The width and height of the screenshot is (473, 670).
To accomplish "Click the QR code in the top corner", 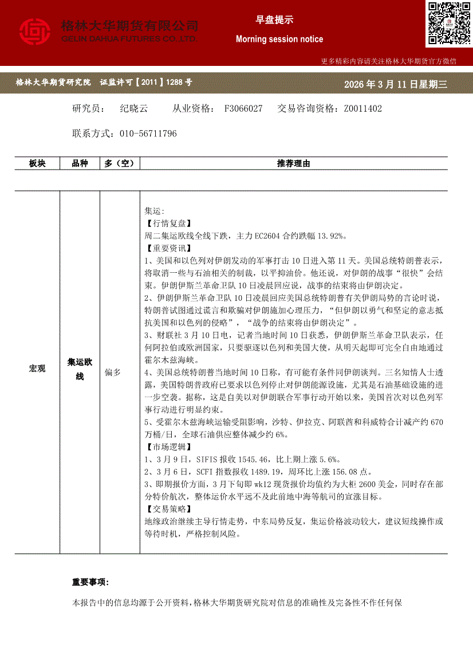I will [448, 23].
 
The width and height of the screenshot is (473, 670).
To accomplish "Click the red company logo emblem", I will [34, 32].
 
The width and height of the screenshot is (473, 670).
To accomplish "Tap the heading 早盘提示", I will [274, 19].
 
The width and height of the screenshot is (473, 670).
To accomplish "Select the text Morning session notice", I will [279, 39].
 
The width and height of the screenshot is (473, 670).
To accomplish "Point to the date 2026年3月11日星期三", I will [395, 84].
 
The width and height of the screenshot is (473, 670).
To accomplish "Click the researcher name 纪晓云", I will [134, 108].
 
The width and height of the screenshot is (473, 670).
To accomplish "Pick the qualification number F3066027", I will [243, 108].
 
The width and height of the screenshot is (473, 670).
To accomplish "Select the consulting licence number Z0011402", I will [362, 108].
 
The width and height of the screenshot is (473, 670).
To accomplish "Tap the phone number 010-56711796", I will [148, 134].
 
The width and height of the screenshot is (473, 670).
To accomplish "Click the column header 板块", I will [37, 163].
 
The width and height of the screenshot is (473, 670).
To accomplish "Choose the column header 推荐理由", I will [293, 163].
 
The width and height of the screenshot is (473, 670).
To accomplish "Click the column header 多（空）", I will [119, 163].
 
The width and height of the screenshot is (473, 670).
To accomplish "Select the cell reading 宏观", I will [37, 369].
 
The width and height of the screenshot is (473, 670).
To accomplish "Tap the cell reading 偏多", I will [113, 373].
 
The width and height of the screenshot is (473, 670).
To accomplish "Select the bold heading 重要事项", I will [90, 582].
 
